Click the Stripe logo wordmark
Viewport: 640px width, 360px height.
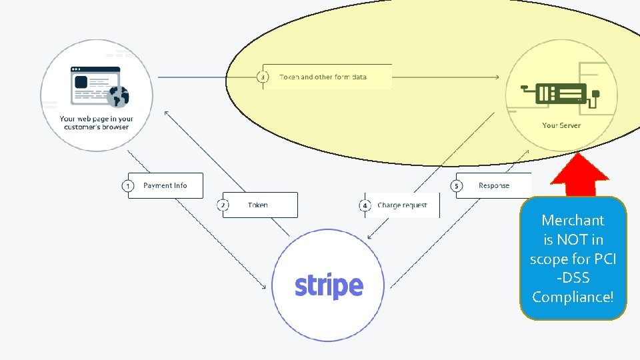coord(329,286)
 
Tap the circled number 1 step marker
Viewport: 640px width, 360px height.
coord(128,185)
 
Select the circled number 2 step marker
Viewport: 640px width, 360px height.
coord(223,205)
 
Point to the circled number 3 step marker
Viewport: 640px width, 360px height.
coord(263,77)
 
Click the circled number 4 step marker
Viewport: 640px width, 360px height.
coord(365,205)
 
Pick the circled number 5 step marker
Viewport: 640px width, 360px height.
coord(457,185)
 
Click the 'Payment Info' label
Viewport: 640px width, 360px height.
coord(165,185)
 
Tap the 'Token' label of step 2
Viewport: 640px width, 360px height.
coord(257,205)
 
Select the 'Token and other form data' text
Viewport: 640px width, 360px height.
coord(323,77)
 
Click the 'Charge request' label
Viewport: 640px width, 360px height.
coord(402,205)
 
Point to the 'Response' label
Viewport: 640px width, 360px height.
coord(493,185)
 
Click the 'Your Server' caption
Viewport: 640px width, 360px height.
coord(561,125)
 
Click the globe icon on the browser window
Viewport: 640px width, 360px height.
coord(119,97)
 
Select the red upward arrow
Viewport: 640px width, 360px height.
coord(581,176)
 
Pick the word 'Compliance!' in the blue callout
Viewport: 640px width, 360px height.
coord(573,297)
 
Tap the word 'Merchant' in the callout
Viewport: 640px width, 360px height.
coord(573,220)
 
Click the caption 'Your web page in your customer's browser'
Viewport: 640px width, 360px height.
coord(97,123)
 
